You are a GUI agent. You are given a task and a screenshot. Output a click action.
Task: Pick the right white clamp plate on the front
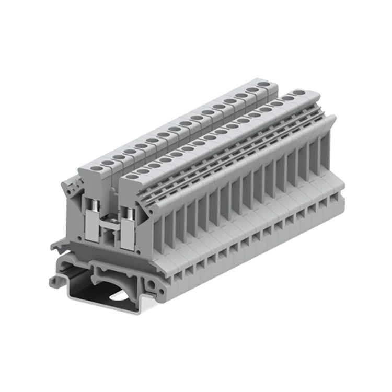(127, 237)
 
